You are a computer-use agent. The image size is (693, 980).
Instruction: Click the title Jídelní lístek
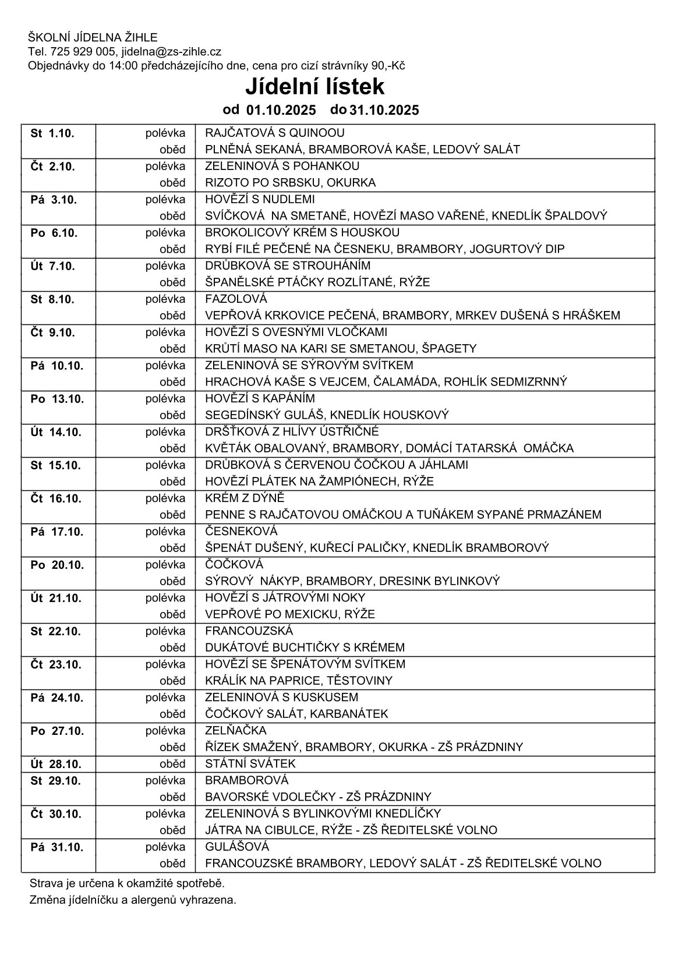314,87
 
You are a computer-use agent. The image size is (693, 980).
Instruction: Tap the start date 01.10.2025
281,110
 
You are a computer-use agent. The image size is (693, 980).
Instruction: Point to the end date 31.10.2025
384,110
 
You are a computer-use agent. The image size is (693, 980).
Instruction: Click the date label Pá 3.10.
53,200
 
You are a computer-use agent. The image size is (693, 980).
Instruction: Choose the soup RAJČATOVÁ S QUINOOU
274,133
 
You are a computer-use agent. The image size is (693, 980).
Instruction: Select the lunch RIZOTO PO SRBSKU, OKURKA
290,183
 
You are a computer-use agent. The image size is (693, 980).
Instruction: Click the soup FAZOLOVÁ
236,299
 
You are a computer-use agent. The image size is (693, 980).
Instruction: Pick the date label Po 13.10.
56,399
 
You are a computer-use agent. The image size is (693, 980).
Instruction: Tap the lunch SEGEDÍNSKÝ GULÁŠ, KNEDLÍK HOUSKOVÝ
327,415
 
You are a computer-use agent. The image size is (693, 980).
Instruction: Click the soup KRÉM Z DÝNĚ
245,498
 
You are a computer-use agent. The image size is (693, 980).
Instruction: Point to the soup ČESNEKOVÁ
241,532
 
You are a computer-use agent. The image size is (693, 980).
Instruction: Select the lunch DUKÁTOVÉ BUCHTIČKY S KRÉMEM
305,648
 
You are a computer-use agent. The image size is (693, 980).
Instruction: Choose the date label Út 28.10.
56,764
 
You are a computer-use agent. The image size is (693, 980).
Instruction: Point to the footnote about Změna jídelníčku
133,900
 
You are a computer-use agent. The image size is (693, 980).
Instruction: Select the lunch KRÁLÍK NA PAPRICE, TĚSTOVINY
299,681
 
